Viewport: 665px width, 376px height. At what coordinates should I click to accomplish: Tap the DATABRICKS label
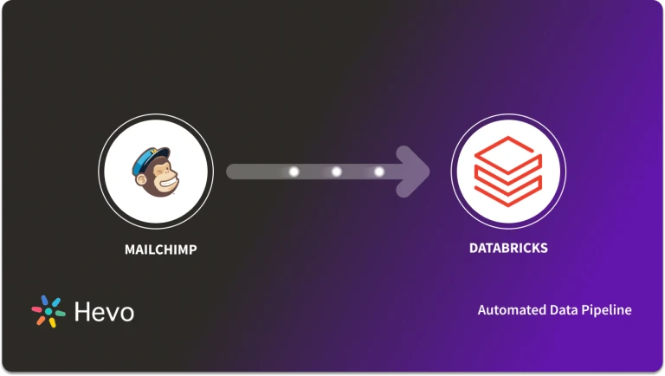[508, 248]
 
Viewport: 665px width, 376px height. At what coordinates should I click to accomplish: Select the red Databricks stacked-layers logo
[508, 171]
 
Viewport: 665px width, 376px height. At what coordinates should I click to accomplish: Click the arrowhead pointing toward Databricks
[416, 172]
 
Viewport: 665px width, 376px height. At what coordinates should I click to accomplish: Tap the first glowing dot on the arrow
[294, 172]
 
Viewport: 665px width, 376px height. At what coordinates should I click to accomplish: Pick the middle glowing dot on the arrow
[336, 172]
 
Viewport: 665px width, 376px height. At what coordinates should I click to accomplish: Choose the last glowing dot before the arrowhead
[378, 172]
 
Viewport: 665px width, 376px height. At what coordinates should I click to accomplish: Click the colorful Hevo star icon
[48, 312]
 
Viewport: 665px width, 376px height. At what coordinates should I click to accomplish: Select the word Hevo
[103, 312]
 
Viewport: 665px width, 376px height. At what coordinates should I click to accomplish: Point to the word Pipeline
[608, 310]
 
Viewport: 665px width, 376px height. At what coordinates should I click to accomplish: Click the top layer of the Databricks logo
[508, 153]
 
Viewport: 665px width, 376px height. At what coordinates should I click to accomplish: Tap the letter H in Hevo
[81, 312]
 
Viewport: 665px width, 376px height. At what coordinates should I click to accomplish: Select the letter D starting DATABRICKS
[474, 248]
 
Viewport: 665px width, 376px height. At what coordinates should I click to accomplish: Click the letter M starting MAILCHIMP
[130, 250]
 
